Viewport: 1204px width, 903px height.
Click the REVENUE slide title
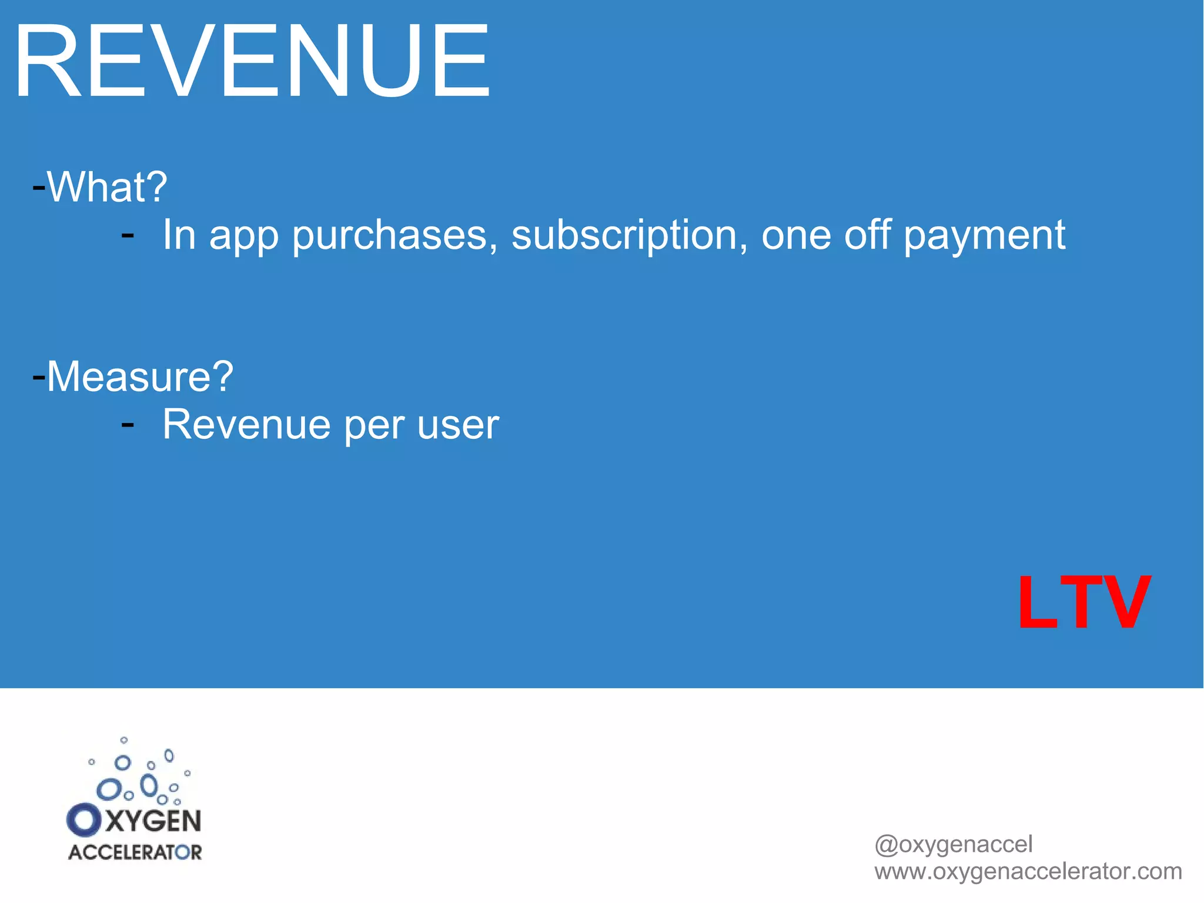point(252,62)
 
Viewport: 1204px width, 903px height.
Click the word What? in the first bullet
point(107,187)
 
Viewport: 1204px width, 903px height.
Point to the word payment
point(984,235)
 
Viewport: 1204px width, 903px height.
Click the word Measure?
point(140,376)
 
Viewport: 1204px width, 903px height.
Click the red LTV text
point(1083,602)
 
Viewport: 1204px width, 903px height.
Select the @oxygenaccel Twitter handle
point(953,844)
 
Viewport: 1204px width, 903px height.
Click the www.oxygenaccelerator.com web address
point(1028,871)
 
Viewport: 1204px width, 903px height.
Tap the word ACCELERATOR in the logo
point(135,852)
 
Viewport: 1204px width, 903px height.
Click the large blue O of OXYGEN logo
point(83,820)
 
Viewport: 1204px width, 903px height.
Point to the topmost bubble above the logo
point(123,740)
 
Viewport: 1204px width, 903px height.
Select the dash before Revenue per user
point(128,424)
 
